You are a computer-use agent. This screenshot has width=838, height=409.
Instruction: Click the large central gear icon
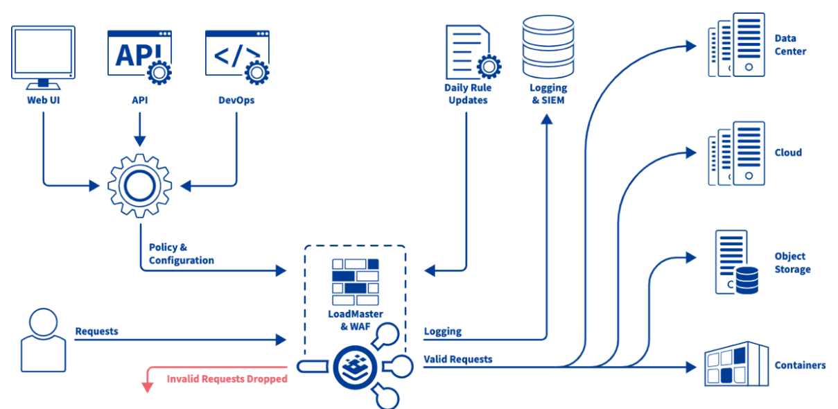(141, 185)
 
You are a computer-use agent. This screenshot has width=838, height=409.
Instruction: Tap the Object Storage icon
(735, 263)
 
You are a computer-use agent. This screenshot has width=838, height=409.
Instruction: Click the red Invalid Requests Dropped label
(227, 379)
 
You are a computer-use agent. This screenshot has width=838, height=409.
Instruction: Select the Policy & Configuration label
(181, 254)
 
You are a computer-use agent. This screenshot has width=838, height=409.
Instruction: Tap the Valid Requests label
(458, 359)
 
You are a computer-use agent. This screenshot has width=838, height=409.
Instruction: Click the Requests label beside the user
(96, 331)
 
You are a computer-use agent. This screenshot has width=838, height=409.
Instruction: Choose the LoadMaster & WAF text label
(355, 320)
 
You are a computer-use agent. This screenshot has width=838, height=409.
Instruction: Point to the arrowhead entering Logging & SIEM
(547, 119)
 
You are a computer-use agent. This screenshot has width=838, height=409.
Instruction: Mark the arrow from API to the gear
(140, 128)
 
